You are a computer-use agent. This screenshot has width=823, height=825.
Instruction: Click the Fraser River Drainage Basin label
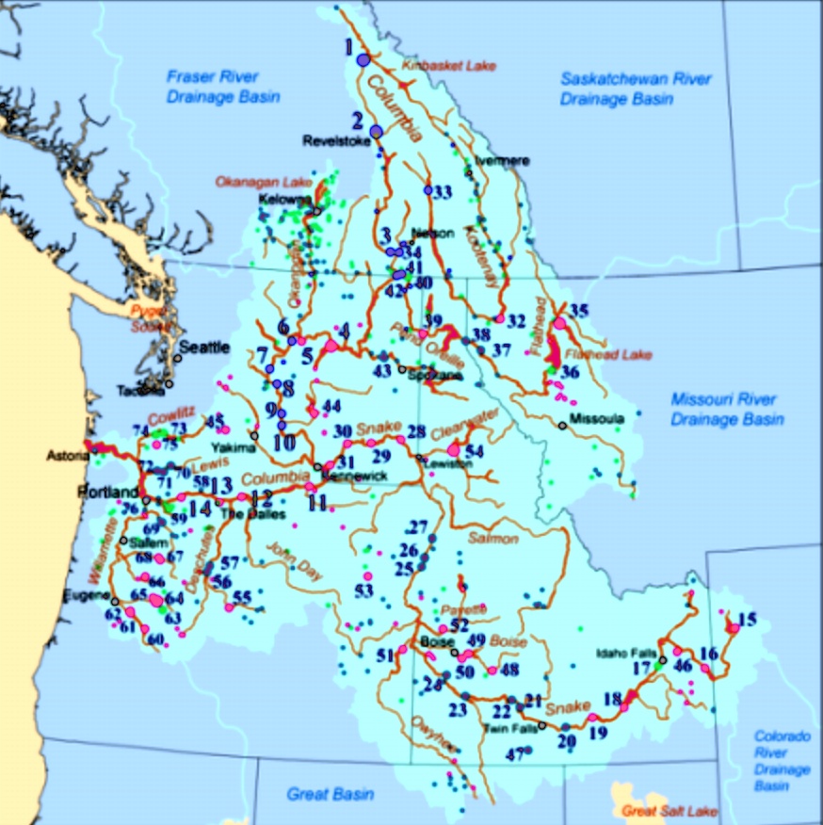[x=214, y=86]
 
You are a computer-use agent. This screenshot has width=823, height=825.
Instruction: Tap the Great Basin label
[x=331, y=794]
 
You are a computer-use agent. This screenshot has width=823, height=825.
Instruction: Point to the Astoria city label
[x=65, y=456]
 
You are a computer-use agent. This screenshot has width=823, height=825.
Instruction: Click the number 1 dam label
[x=348, y=45]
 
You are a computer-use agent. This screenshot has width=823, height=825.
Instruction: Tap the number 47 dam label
[x=514, y=754]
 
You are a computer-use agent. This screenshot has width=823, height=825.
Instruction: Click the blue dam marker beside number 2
[x=376, y=132]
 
